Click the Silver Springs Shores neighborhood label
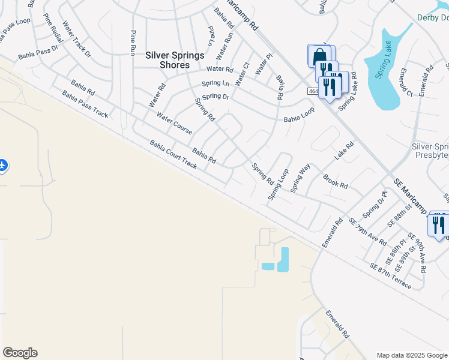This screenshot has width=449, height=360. click(175, 60)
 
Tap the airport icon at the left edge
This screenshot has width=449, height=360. click(2, 164)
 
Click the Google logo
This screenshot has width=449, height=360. click(20, 353)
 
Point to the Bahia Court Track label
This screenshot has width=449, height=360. click(173, 155)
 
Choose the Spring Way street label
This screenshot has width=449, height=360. click(300, 178)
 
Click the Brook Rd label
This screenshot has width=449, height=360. click(336, 182)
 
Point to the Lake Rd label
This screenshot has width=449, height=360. click(345, 151)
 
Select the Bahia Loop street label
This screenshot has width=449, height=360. click(299, 118)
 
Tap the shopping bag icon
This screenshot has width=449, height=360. click(320, 56)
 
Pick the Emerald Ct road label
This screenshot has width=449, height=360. click(405, 83)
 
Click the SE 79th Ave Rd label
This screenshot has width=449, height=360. click(367, 232)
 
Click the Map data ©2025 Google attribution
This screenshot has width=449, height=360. click(412, 355)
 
